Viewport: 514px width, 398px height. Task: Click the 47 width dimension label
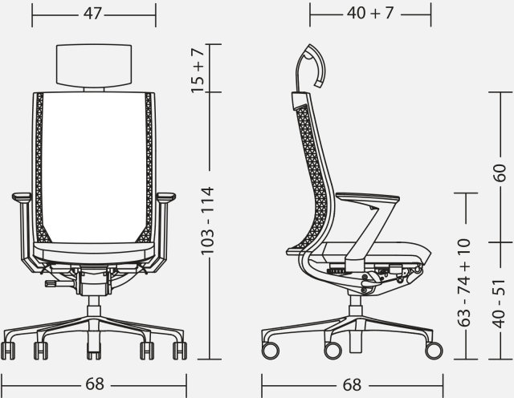click(93, 14)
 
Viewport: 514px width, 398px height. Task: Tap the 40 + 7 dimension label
click(370, 13)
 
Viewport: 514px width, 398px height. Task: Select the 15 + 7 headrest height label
click(198, 70)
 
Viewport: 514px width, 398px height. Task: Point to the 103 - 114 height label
click(207, 221)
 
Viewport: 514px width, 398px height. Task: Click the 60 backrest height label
click(500, 173)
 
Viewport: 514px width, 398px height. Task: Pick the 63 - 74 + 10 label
click(464, 282)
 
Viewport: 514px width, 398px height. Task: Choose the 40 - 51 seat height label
click(499, 303)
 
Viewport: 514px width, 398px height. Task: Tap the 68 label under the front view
click(95, 384)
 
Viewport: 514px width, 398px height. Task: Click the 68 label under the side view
click(352, 385)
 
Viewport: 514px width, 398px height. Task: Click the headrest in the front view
click(94, 65)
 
